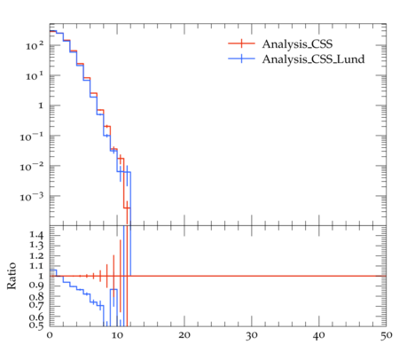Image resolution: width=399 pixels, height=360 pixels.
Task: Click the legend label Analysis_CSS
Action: pos(297,44)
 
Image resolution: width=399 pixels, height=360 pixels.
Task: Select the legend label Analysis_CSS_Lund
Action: pos(313,59)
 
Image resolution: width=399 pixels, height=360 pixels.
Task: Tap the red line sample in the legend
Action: pos(241,43)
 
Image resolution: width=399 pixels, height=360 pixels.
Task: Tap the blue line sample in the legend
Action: pos(241,59)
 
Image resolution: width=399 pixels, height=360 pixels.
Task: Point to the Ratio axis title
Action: pos(12,276)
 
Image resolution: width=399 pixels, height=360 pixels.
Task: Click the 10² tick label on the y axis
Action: pos(35,46)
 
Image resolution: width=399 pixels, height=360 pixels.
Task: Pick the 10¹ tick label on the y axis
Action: pos(35,76)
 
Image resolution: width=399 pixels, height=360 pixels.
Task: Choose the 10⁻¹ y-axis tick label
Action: pos(32,137)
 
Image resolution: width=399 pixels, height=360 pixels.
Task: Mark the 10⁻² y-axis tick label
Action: pos(32,167)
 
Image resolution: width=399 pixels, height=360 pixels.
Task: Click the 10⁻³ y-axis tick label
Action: pos(32,196)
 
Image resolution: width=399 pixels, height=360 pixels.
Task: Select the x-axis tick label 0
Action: pos(50,335)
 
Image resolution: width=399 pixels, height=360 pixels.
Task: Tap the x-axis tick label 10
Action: pos(117,335)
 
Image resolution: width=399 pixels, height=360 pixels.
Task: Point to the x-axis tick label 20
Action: pos(184,335)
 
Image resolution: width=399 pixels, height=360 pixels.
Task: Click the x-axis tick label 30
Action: pos(252,335)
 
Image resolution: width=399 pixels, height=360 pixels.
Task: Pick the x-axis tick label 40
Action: pos(319,335)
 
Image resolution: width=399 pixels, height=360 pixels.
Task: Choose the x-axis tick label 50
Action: pos(387,335)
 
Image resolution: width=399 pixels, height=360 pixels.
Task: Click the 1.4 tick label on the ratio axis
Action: pos(36,236)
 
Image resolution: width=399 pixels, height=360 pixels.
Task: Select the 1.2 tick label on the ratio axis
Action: pos(36,255)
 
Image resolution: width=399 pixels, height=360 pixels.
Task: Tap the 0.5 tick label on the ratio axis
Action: pos(36,325)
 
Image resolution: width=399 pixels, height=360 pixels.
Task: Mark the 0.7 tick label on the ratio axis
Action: pos(36,304)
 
